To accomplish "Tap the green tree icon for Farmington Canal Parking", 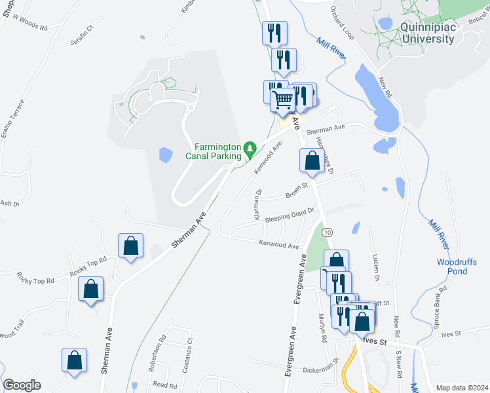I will coord(250,151).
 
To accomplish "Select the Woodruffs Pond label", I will coord(452,267).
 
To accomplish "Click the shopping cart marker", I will coord(282,101).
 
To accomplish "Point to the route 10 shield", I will coord(328,233).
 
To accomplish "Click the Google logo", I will coord(22,385).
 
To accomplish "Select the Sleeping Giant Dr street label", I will coord(290,216).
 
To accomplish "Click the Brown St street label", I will coord(297,193).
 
